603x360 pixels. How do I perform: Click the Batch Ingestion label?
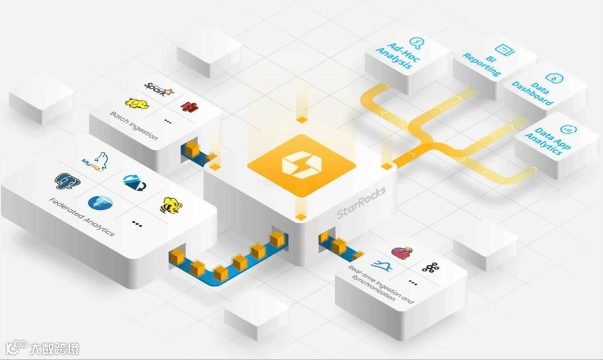134,125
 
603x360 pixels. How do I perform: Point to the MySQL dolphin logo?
94,161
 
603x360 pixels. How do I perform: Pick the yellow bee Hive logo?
169,205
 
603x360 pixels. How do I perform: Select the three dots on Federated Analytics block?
137,224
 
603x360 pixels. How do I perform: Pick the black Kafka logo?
430,267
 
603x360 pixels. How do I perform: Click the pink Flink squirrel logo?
402,253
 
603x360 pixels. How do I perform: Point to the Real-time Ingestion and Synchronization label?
381,285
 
